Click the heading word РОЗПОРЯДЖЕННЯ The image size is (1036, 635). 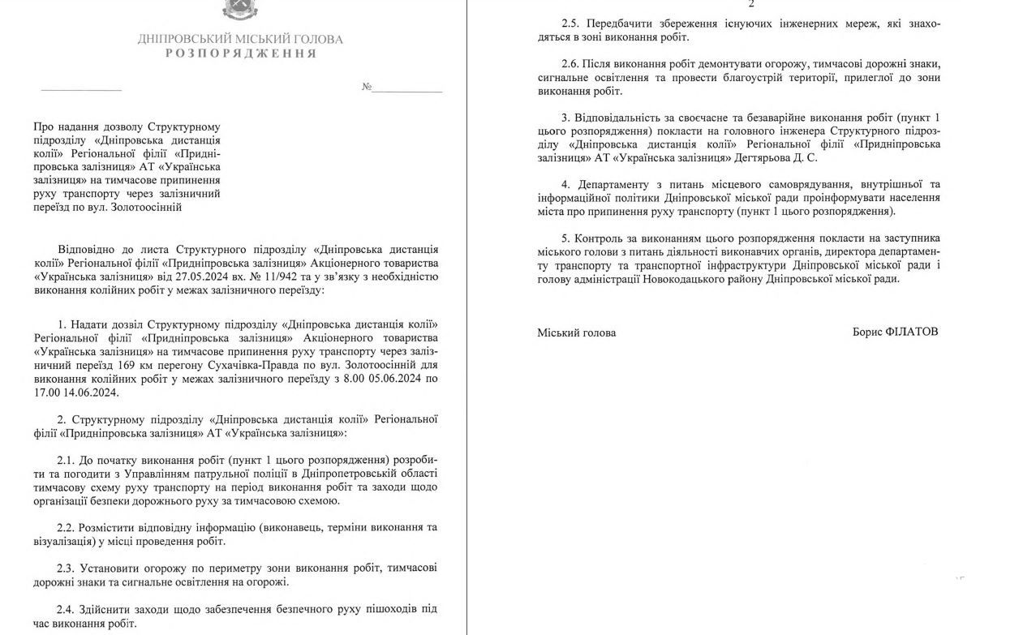(x=241, y=54)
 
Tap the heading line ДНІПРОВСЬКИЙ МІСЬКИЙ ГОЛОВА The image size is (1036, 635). (x=240, y=39)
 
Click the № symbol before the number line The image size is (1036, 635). (x=367, y=87)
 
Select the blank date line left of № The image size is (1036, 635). (x=80, y=88)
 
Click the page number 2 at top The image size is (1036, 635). (x=751, y=4)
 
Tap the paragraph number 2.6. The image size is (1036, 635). (x=571, y=63)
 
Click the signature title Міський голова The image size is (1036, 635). (x=576, y=333)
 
